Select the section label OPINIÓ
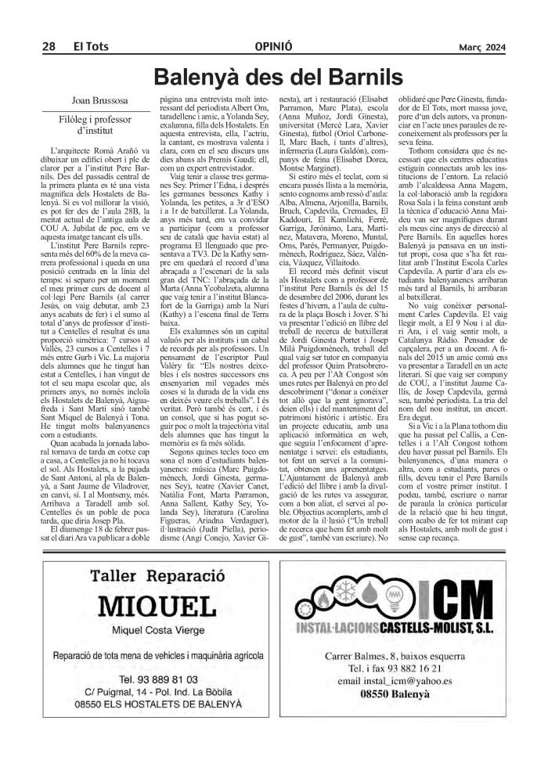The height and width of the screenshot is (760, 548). coord(274,48)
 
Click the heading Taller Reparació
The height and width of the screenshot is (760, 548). coord(157,576)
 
